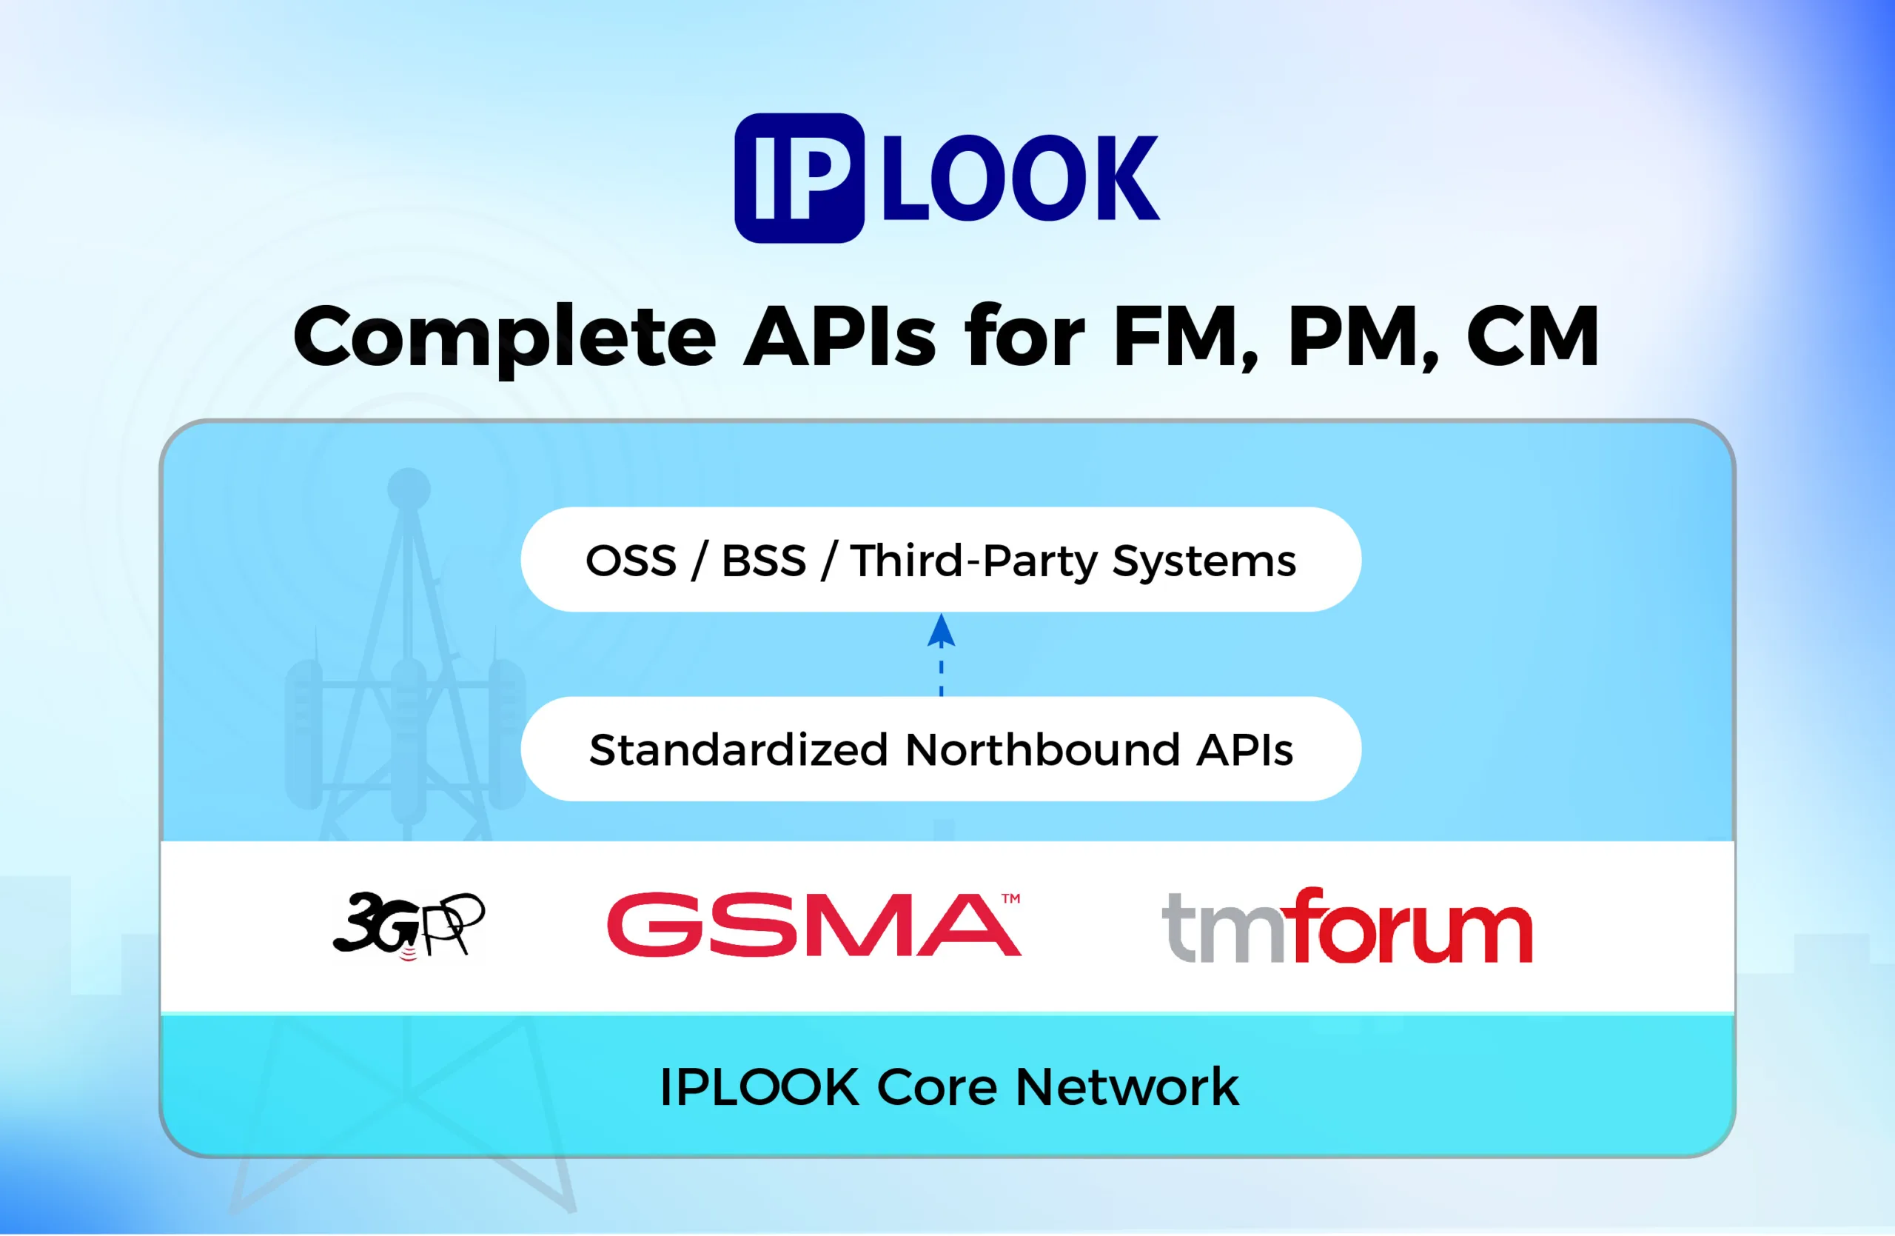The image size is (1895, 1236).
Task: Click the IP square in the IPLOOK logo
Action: click(799, 178)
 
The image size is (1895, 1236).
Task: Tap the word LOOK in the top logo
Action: click(1020, 178)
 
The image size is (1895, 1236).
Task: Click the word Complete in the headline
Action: click(505, 338)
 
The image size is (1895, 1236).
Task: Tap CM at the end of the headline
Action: click(1533, 337)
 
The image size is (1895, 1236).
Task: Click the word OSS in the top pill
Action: click(631, 561)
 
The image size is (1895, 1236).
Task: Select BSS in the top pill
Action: click(764, 561)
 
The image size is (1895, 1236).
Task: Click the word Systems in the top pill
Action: click(1204, 562)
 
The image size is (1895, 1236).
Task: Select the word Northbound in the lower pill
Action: click(1043, 750)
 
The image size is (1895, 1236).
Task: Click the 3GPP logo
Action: click(409, 926)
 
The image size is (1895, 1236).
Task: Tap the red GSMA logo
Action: click(814, 925)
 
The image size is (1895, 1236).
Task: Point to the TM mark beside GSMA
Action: click(1010, 898)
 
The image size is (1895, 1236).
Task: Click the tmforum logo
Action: click(1347, 926)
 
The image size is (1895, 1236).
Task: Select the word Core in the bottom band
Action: click(936, 1087)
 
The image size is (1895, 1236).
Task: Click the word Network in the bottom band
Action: click(1127, 1087)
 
